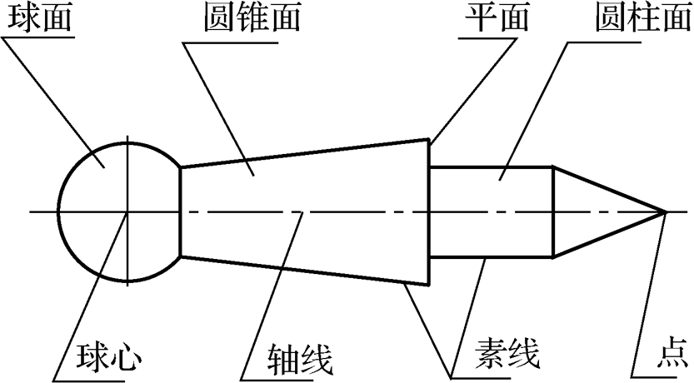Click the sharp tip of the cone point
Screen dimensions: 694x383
coord(665,211)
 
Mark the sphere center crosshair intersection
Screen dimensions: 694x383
coord(127,211)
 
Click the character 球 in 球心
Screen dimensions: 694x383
coord(90,359)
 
